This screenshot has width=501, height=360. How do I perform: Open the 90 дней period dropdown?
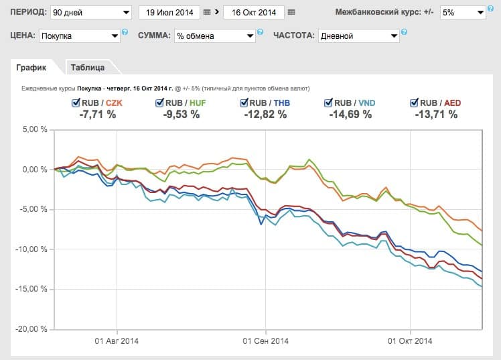[x=91, y=13]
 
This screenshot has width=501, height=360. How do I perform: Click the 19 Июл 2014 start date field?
[x=169, y=13]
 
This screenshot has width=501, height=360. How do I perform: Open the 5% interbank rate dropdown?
[x=461, y=13]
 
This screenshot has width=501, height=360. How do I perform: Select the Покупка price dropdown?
[x=80, y=36]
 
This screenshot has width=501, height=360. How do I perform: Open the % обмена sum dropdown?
[x=214, y=36]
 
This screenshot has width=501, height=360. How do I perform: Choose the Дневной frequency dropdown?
[x=358, y=36]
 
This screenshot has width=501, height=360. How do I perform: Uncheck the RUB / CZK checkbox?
[x=76, y=103]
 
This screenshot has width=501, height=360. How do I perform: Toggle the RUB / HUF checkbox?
[x=159, y=103]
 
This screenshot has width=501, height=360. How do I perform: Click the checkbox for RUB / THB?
[x=244, y=103]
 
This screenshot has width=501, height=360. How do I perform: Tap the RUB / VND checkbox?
[x=328, y=103]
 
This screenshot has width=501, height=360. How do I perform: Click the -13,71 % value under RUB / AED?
[x=436, y=115]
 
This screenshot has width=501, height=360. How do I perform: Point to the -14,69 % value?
[x=350, y=115]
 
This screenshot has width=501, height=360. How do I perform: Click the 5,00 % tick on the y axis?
[x=32, y=129]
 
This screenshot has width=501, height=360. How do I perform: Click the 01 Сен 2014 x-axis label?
[x=265, y=341]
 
